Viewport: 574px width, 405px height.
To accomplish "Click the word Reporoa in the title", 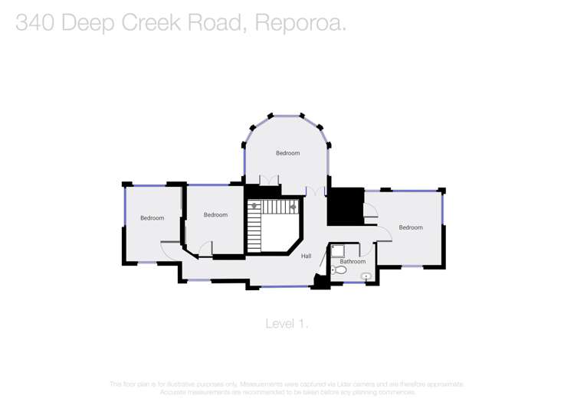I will coord(300,23).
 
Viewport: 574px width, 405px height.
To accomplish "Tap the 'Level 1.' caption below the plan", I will coord(287,324).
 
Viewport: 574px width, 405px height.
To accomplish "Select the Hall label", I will coord(306,256).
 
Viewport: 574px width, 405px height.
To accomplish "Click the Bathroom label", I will coord(353,262).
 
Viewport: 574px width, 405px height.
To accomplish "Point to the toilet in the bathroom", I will coord(339,269).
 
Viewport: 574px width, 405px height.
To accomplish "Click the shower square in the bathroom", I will coord(338,251).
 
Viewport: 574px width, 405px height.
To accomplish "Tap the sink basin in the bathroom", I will coord(366,276).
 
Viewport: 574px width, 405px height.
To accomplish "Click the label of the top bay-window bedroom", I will coord(287,153).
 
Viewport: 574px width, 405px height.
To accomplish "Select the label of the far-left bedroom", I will coord(152,218).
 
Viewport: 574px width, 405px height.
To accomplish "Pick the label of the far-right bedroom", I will coord(410,227).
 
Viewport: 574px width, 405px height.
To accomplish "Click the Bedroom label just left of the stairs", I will coord(215,215).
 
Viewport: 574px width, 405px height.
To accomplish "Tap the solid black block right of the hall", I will coord(345,206).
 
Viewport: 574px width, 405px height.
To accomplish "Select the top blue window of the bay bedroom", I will coord(287,116).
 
